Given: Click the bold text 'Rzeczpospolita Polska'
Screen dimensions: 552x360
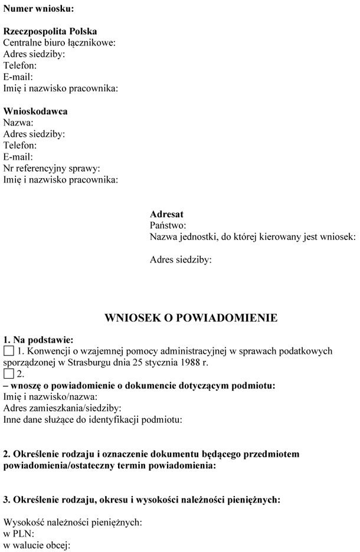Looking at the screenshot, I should click(x=50, y=31).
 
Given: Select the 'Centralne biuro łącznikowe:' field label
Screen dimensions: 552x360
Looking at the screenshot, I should click(x=59, y=42).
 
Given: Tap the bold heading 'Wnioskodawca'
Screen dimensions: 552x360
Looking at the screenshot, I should click(x=35, y=111).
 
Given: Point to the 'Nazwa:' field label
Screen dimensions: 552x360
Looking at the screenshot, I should click(x=18, y=123).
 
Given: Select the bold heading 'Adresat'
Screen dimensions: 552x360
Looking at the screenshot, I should click(x=166, y=214).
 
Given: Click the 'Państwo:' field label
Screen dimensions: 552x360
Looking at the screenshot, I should click(x=168, y=225).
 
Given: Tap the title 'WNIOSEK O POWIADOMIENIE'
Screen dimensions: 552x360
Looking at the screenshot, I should click(x=191, y=318).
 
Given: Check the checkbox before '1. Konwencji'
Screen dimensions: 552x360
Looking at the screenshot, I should click(x=8, y=351).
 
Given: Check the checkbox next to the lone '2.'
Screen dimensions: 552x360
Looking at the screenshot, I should click(x=8, y=374).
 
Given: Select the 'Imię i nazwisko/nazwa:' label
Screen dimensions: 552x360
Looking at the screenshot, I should click(x=50, y=397).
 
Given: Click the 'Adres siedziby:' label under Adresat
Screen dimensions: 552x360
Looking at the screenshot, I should click(x=181, y=259).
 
